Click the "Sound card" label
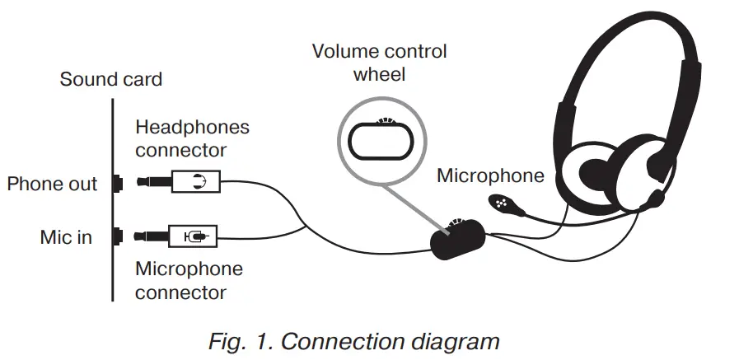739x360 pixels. (110, 80)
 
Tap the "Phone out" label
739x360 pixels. (52, 184)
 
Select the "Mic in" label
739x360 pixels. (66, 238)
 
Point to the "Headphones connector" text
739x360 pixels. (192, 139)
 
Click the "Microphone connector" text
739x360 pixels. (189, 280)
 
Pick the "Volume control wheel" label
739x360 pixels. (379, 63)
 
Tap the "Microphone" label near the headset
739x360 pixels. (490, 175)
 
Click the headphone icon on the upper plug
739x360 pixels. (197, 182)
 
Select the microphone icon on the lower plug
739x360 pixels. (194, 237)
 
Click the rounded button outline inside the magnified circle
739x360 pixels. (380, 141)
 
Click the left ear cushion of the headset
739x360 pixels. (593, 172)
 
